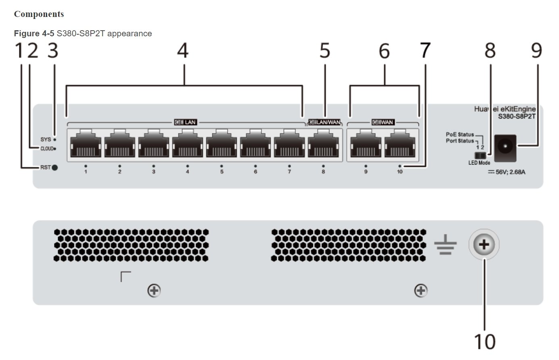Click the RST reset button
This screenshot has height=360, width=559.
tap(54, 168)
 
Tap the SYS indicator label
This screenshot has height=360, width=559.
tap(46, 139)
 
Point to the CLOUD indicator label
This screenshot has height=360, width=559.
tap(47, 149)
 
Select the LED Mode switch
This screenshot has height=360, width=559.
tap(479, 155)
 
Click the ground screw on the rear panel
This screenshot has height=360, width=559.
tap(484, 244)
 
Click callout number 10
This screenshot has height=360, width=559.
tap(484, 342)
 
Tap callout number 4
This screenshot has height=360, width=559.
tap(183, 51)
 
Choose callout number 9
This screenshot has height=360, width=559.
tap(536, 51)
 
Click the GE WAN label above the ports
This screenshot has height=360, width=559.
tap(382, 122)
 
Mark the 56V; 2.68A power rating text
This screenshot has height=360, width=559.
tap(509, 172)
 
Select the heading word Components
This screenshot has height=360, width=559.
tap(39, 14)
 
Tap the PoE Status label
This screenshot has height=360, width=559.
tap(460, 134)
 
